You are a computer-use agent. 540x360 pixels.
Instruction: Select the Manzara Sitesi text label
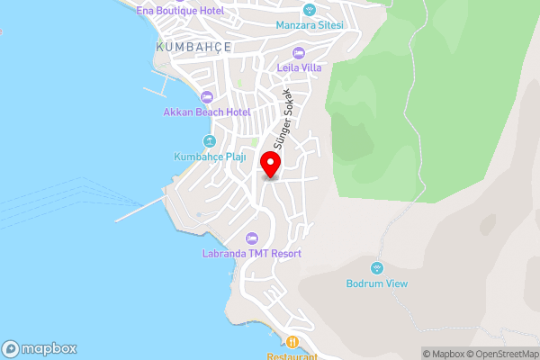point(310,25)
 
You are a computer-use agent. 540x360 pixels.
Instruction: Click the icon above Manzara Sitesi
point(310,10)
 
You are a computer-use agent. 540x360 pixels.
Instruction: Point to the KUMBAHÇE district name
point(193,47)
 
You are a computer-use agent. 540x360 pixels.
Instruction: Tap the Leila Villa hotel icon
point(298,53)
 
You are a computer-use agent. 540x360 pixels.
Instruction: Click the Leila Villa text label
point(298,68)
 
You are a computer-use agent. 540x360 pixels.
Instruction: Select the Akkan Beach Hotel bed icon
point(206,96)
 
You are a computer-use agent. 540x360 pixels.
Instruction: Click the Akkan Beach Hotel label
point(206,112)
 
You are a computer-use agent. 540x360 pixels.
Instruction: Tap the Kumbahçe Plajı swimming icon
point(209,141)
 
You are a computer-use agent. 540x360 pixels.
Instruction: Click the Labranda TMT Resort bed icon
point(252,238)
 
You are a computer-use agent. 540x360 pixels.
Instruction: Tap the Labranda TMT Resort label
point(252,254)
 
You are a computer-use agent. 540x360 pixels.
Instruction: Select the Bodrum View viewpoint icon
point(376,267)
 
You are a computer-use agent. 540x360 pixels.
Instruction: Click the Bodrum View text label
point(377,283)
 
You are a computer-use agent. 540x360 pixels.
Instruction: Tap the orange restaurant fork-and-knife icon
point(292,342)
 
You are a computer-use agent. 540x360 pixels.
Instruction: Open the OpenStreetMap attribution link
point(498,353)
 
